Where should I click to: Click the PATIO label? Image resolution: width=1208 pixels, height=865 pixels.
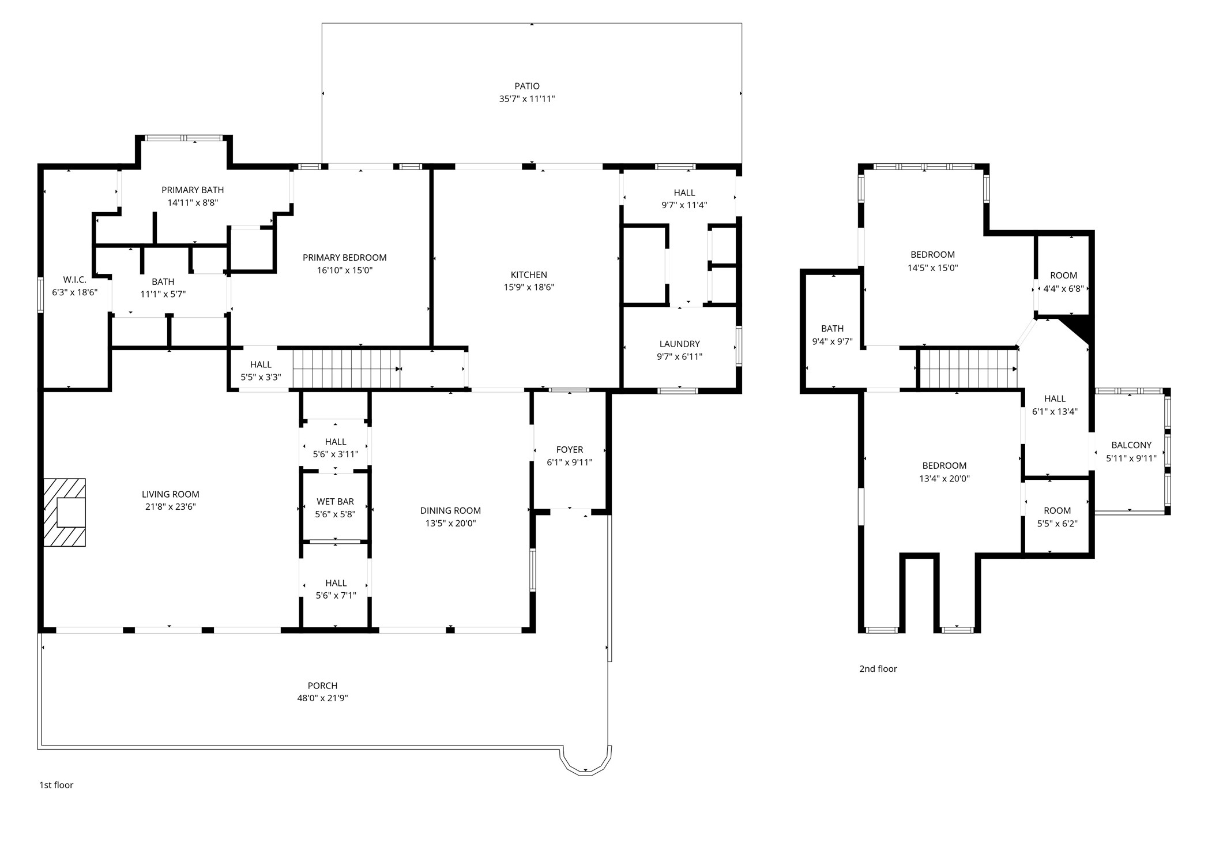click(x=527, y=86)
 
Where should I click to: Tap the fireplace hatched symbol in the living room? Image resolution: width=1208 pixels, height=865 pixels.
click(x=65, y=512)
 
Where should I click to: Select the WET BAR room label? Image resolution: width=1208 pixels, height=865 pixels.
click(x=335, y=502)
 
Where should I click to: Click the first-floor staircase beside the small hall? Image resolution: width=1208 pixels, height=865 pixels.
click(x=346, y=368)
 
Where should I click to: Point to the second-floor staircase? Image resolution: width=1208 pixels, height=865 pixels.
click(x=968, y=368)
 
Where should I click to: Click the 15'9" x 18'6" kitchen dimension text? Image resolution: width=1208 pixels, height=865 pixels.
click(x=529, y=287)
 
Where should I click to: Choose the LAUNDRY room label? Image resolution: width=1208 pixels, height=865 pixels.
click(x=679, y=344)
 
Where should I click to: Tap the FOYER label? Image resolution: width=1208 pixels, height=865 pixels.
click(x=569, y=450)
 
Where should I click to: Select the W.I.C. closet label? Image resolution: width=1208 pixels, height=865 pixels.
click(x=74, y=280)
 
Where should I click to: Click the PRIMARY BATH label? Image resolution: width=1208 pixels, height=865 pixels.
click(x=193, y=190)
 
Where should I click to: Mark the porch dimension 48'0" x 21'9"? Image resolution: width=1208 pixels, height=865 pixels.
click(x=322, y=698)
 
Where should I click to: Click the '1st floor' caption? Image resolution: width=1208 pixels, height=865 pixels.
click(x=56, y=785)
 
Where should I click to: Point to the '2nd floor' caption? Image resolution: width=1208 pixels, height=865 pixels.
click(x=878, y=669)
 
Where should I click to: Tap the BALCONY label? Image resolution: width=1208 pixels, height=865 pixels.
click(x=1131, y=445)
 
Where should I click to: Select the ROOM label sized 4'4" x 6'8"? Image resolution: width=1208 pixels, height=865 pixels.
click(x=1063, y=276)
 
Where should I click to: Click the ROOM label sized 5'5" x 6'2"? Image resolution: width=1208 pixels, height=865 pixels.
click(x=1057, y=511)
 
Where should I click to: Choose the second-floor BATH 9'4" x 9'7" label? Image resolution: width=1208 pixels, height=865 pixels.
click(x=832, y=329)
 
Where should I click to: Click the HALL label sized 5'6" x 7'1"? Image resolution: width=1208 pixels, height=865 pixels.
click(x=336, y=583)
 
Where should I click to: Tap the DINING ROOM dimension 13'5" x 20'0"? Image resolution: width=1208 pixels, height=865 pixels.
click(x=450, y=524)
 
